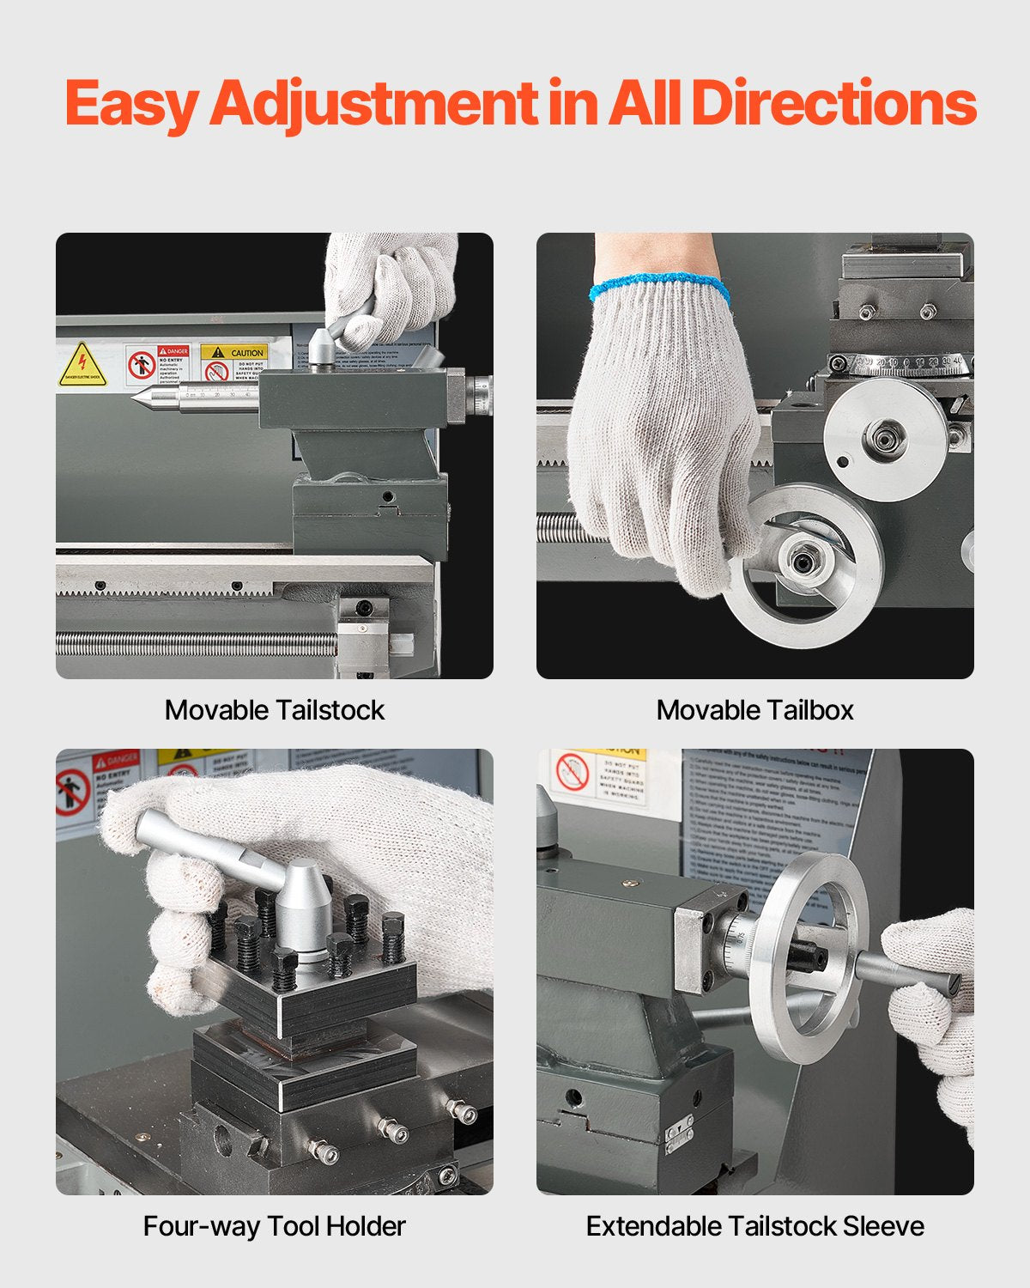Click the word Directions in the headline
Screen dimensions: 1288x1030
[833, 103]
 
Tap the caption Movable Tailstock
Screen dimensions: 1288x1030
[275, 710]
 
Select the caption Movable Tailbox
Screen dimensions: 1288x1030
[754, 710]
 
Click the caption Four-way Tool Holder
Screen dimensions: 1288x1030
[275, 1226]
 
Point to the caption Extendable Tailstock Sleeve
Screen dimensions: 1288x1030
[754, 1226]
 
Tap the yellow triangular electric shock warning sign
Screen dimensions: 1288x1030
[82, 365]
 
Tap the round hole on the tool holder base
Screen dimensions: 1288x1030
[222, 1140]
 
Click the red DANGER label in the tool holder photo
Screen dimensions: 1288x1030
[116, 761]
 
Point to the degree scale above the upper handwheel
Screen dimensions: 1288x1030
[901, 364]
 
